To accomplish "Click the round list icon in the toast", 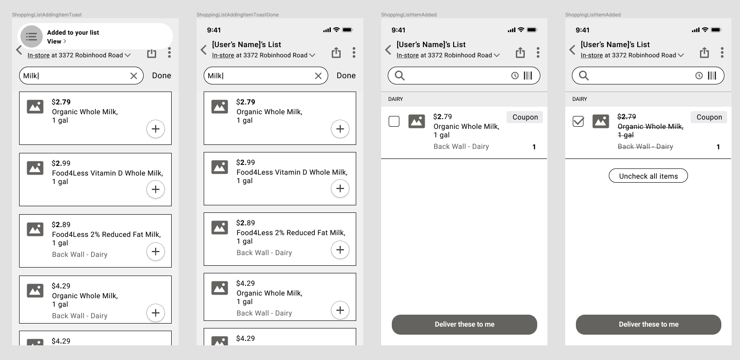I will [x=32, y=37].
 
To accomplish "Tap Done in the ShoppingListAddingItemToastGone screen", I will [x=346, y=76].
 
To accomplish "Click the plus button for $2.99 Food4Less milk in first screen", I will [x=156, y=189].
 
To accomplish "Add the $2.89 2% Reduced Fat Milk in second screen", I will [x=340, y=250].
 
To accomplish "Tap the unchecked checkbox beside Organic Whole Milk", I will [x=394, y=121].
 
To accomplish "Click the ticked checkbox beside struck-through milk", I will [x=578, y=121].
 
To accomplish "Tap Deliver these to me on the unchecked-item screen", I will [x=464, y=324].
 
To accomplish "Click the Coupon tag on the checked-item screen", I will [x=709, y=117].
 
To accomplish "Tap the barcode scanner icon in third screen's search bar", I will [x=528, y=76].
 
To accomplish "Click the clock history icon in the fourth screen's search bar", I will [x=699, y=76].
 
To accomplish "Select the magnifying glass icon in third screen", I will [x=400, y=76].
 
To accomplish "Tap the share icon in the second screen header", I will [x=336, y=53].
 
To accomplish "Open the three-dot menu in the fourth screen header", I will [x=722, y=52].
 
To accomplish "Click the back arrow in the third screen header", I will [x=388, y=50].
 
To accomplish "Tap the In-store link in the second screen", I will [x=223, y=56].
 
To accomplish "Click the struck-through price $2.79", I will [x=627, y=116].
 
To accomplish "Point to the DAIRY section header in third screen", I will [x=395, y=99].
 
